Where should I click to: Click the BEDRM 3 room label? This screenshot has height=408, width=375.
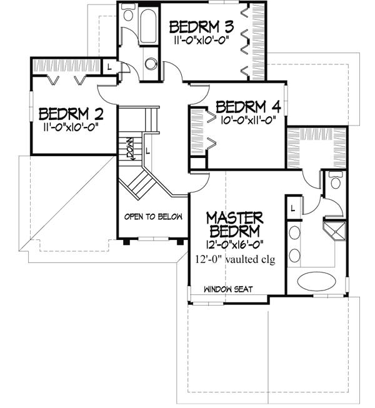(201, 27)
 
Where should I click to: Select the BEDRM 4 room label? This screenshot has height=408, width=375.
(247, 107)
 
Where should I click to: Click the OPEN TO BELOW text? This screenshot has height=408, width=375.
(153, 217)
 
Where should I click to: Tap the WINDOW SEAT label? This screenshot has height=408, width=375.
(227, 289)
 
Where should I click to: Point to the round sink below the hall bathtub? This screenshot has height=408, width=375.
(151, 62)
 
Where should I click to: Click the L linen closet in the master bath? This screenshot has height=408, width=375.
(292, 205)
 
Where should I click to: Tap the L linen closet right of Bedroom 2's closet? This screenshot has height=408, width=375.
(109, 66)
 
